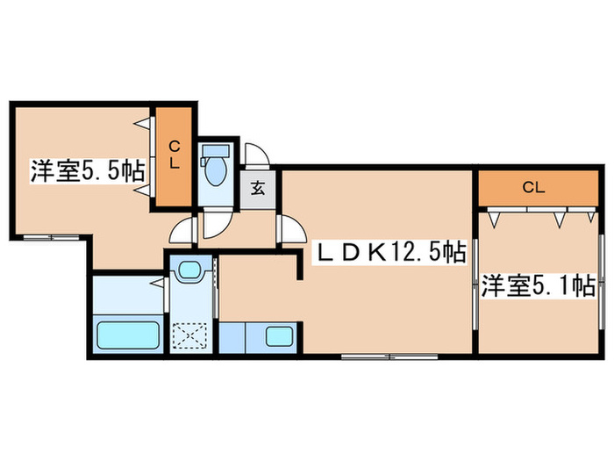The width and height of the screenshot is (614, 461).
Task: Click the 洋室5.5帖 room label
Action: [x=88, y=170]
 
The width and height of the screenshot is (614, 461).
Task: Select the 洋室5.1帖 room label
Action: [x=538, y=285]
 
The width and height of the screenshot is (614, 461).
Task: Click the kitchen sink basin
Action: [x=279, y=336]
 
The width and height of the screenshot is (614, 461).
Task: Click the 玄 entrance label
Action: [x=259, y=186]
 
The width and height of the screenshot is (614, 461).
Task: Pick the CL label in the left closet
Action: [x=175, y=155]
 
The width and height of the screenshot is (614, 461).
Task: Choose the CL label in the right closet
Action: [x=533, y=186]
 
